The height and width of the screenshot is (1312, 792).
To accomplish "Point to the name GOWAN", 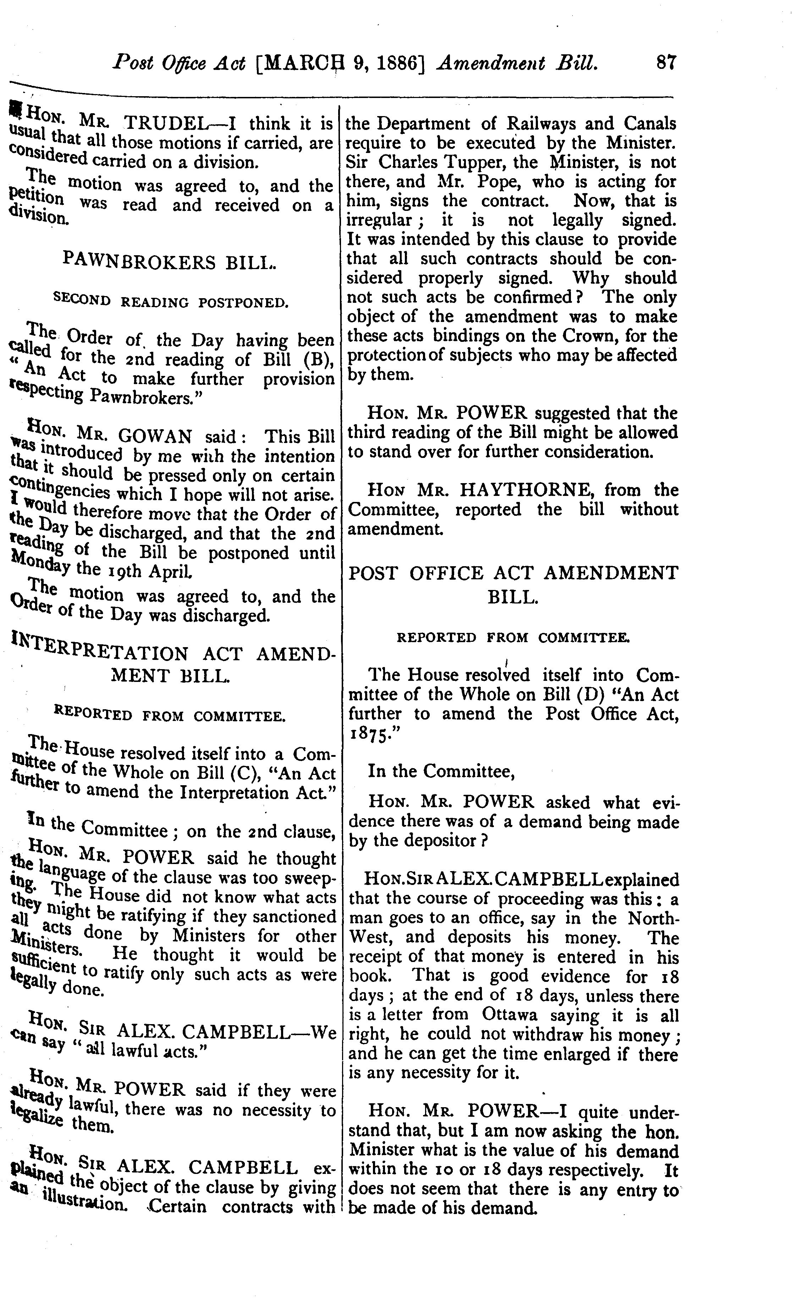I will click(x=155, y=437).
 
